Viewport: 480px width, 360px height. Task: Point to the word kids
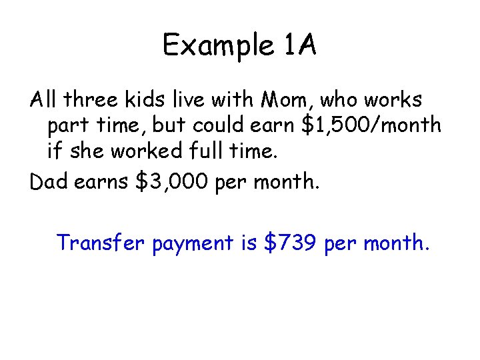coord(158,100)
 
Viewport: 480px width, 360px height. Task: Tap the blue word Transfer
coord(101,243)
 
